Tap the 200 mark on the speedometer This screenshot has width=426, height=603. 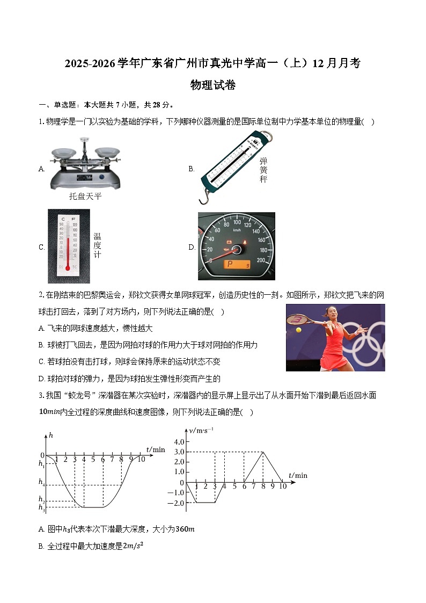pos(262,260)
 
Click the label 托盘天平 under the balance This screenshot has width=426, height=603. pos(85,197)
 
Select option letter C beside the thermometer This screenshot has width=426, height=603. pos(42,248)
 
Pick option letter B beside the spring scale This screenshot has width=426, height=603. pos(191,169)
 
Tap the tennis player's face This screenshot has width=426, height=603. pos(329,313)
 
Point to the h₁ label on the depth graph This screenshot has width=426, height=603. pos(41,463)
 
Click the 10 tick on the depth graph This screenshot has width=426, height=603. pos(141,460)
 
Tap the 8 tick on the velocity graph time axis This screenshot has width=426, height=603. pos(263,487)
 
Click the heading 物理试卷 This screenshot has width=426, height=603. pos(212,85)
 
